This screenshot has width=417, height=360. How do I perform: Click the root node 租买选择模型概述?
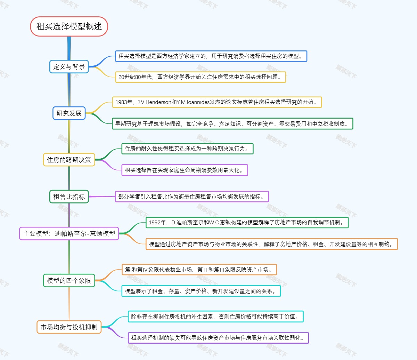tap(69, 26)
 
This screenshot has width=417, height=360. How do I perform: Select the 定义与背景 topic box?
tap(69, 66)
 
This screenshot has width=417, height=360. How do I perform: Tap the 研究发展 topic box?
tap(69, 113)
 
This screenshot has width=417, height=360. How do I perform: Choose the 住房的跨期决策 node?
tap(69, 160)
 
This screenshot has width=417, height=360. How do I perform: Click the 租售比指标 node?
tap(69, 197)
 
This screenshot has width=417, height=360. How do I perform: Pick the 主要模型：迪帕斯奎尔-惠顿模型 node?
tap(69, 233)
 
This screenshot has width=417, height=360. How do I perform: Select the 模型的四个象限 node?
tap(69, 280)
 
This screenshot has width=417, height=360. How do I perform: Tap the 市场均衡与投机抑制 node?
tap(69, 327)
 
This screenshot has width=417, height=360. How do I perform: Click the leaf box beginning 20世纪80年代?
tap(201, 77)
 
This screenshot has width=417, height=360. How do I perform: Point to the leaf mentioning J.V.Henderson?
tap(217, 102)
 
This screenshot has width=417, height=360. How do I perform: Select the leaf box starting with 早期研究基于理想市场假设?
tap(232, 123)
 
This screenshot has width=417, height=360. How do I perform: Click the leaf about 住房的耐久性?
tap(187, 149)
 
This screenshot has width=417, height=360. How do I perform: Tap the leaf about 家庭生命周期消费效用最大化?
tap(185, 170)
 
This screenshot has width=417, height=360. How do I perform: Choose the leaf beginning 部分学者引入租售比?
tap(192, 197)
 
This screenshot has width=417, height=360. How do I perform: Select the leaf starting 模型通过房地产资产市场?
tap(271, 244)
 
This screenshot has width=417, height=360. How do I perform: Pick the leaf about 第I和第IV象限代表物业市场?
tap(199, 270)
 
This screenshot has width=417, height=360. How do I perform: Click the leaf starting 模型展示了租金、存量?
tap(201, 291)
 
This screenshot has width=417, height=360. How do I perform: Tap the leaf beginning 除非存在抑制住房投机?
tap(215, 317)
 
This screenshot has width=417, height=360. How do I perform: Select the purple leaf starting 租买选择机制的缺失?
tap(218, 338)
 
